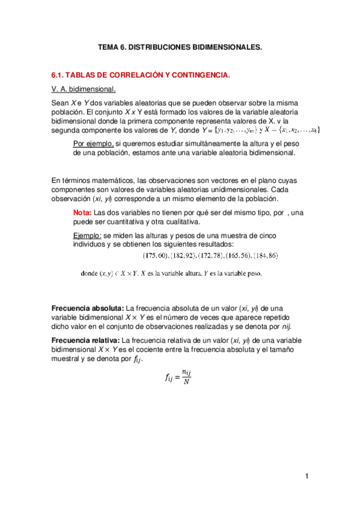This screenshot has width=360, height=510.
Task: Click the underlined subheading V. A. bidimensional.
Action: (84, 89)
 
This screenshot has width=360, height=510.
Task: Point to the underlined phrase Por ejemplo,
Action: (90, 144)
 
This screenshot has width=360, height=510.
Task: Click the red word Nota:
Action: (82, 213)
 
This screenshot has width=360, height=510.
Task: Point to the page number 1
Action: (306, 477)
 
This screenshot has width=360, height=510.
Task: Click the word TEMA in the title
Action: (109, 46)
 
